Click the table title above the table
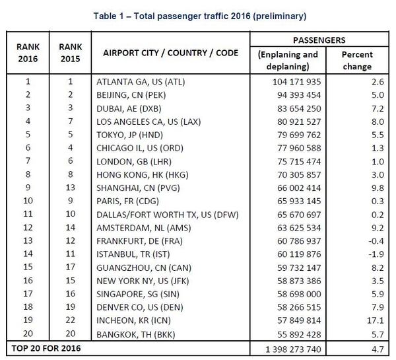tap(198, 14)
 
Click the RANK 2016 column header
tap(27, 52)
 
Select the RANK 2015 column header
tap(70, 52)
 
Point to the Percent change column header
tap(357, 60)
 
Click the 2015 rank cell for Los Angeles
tap(70, 120)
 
